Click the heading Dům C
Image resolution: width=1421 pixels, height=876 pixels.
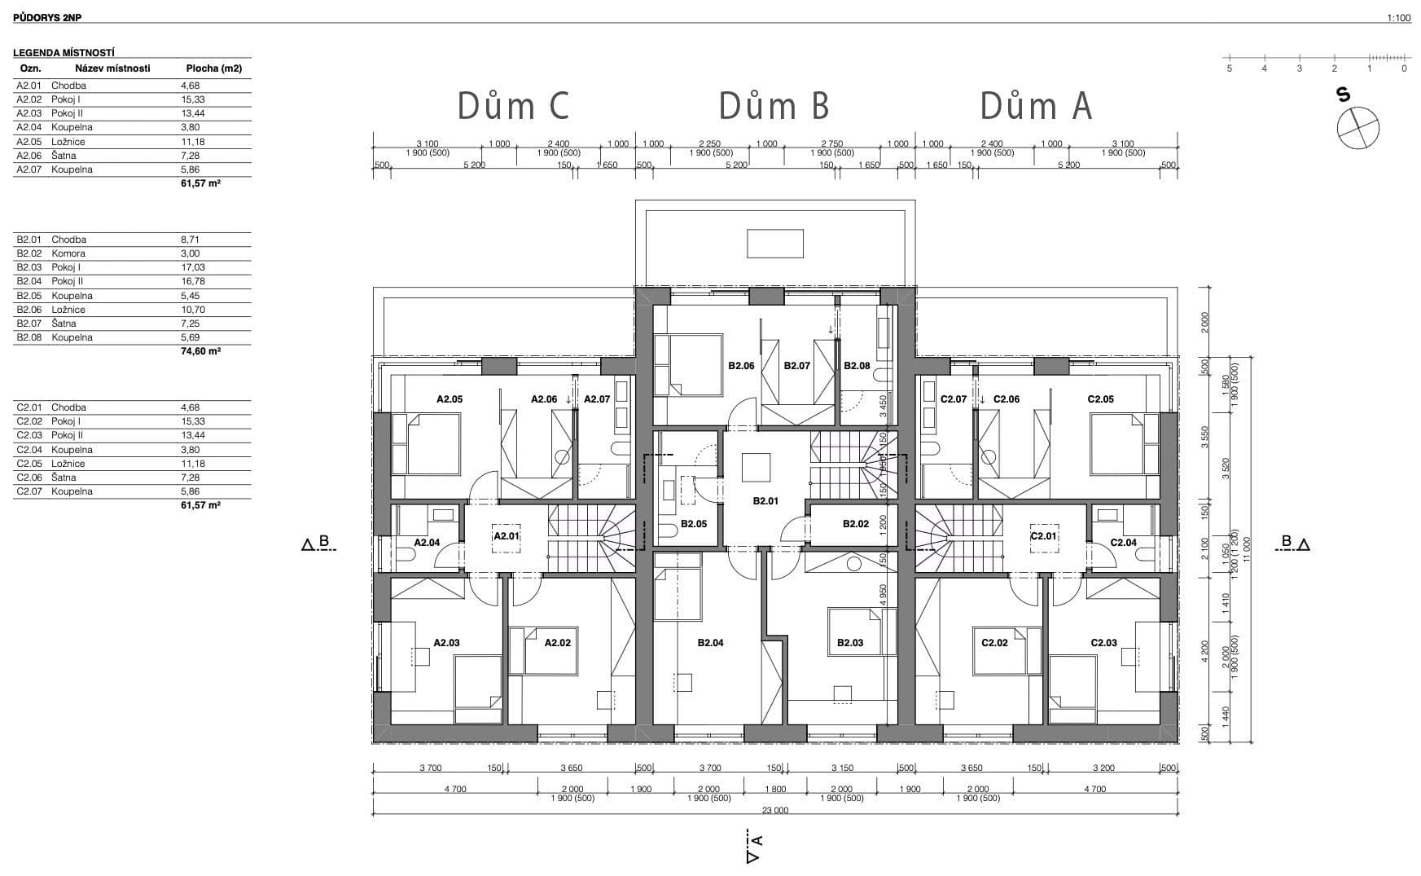pyautogui.click(x=513, y=107)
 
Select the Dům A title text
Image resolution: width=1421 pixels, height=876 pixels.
pyautogui.click(x=1035, y=107)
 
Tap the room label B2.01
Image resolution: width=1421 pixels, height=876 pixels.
pyautogui.click(x=765, y=501)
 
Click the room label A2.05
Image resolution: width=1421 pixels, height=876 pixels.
pyautogui.click(x=450, y=399)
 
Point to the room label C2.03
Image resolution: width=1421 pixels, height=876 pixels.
pyautogui.click(x=1103, y=643)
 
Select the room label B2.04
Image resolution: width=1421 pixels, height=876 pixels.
pyautogui.click(x=710, y=643)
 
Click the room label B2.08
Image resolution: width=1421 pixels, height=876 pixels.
pyautogui.click(x=857, y=366)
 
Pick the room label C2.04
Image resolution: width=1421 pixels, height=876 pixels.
pyautogui.click(x=1123, y=543)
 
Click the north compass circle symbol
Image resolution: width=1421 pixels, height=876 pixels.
pyautogui.click(x=1357, y=129)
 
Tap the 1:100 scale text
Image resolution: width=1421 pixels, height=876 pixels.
pyautogui.click(x=1398, y=18)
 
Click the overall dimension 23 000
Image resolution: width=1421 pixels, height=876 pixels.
pyautogui.click(x=775, y=810)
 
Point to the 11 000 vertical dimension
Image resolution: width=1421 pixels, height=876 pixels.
pyautogui.click(x=1246, y=544)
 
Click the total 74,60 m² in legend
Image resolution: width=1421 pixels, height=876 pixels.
pyautogui.click(x=201, y=351)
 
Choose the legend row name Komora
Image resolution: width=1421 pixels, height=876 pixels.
pyautogui.click(x=68, y=253)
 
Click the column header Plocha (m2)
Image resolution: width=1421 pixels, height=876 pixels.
pyautogui.click(x=214, y=68)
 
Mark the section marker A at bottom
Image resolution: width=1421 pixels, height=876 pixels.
pyautogui.click(x=753, y=847)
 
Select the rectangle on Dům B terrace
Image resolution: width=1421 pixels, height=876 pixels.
pyautogui.click(x=775, y=244)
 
